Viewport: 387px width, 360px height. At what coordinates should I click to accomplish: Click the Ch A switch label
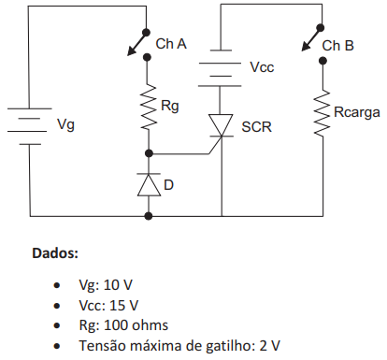[x=171, y=44]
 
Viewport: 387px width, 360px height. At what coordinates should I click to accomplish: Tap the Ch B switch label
[x=338, y=46]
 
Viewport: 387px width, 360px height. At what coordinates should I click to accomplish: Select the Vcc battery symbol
[x=220, y=68]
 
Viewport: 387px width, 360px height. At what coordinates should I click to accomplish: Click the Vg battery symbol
[x=29, y=126]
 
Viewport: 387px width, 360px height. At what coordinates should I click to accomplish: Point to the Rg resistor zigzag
[x=149, y=106]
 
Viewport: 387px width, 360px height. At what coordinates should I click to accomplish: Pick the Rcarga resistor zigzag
[x=322, y=112]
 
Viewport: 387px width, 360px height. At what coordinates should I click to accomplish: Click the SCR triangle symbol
[x=221, y=125]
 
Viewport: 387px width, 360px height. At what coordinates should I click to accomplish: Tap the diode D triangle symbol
[x=149, y=184]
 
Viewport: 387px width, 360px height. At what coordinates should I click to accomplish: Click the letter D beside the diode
[x=168, y=185]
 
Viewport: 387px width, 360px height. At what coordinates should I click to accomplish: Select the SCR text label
[x=256, y=127]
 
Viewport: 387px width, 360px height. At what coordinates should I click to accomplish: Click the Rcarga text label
[x=357, y=113]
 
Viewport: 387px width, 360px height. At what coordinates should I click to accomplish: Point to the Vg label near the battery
[x=65, y=124]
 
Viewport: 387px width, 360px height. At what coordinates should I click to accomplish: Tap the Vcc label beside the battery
[x=262, y=67]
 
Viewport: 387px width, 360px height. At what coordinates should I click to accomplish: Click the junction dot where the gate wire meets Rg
[x=149, y=153]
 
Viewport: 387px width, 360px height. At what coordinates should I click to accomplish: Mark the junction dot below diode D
[x=149, y=216]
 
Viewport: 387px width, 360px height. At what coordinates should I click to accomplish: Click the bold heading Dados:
[x=55, y=253]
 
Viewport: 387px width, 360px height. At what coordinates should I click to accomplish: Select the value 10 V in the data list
[x=118, y=285]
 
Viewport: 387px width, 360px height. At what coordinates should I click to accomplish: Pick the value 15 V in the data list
[x=123, y=306]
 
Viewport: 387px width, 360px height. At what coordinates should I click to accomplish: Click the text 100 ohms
[x=136, y=325]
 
